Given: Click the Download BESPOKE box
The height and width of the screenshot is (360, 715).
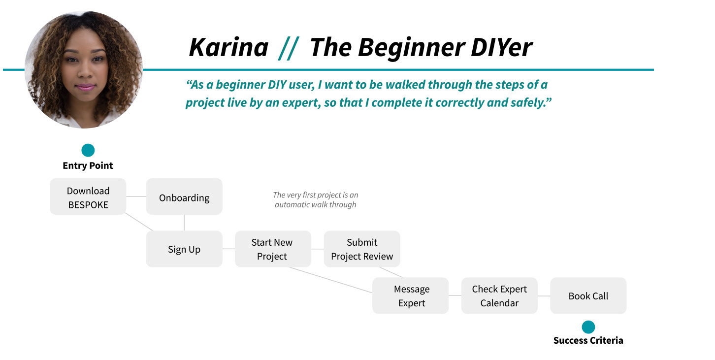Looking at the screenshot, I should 88,196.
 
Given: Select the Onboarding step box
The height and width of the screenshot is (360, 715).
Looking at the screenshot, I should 184,196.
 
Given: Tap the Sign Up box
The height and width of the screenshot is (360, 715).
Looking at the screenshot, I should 184,249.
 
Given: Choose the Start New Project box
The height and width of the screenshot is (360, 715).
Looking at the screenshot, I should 272,249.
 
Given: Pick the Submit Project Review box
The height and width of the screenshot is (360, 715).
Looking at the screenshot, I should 362,249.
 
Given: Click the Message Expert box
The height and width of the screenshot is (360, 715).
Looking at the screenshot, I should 411,296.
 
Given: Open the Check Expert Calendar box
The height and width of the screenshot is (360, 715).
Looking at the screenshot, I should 499,296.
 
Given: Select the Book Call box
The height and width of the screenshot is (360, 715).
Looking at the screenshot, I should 588,296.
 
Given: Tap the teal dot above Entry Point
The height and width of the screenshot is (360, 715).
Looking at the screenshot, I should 88,150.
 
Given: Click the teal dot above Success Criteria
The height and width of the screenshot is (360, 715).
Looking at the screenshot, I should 588,327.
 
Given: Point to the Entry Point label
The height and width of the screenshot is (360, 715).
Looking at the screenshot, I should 88,166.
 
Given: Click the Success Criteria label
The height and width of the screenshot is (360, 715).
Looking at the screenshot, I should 588,340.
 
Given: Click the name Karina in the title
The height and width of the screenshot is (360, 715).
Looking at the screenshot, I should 228,48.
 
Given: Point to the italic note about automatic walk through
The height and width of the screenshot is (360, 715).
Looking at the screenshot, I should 316,200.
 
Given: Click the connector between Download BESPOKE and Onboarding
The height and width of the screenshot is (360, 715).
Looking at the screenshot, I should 136,196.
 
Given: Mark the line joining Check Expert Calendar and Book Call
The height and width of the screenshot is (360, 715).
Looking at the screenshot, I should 544,296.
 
